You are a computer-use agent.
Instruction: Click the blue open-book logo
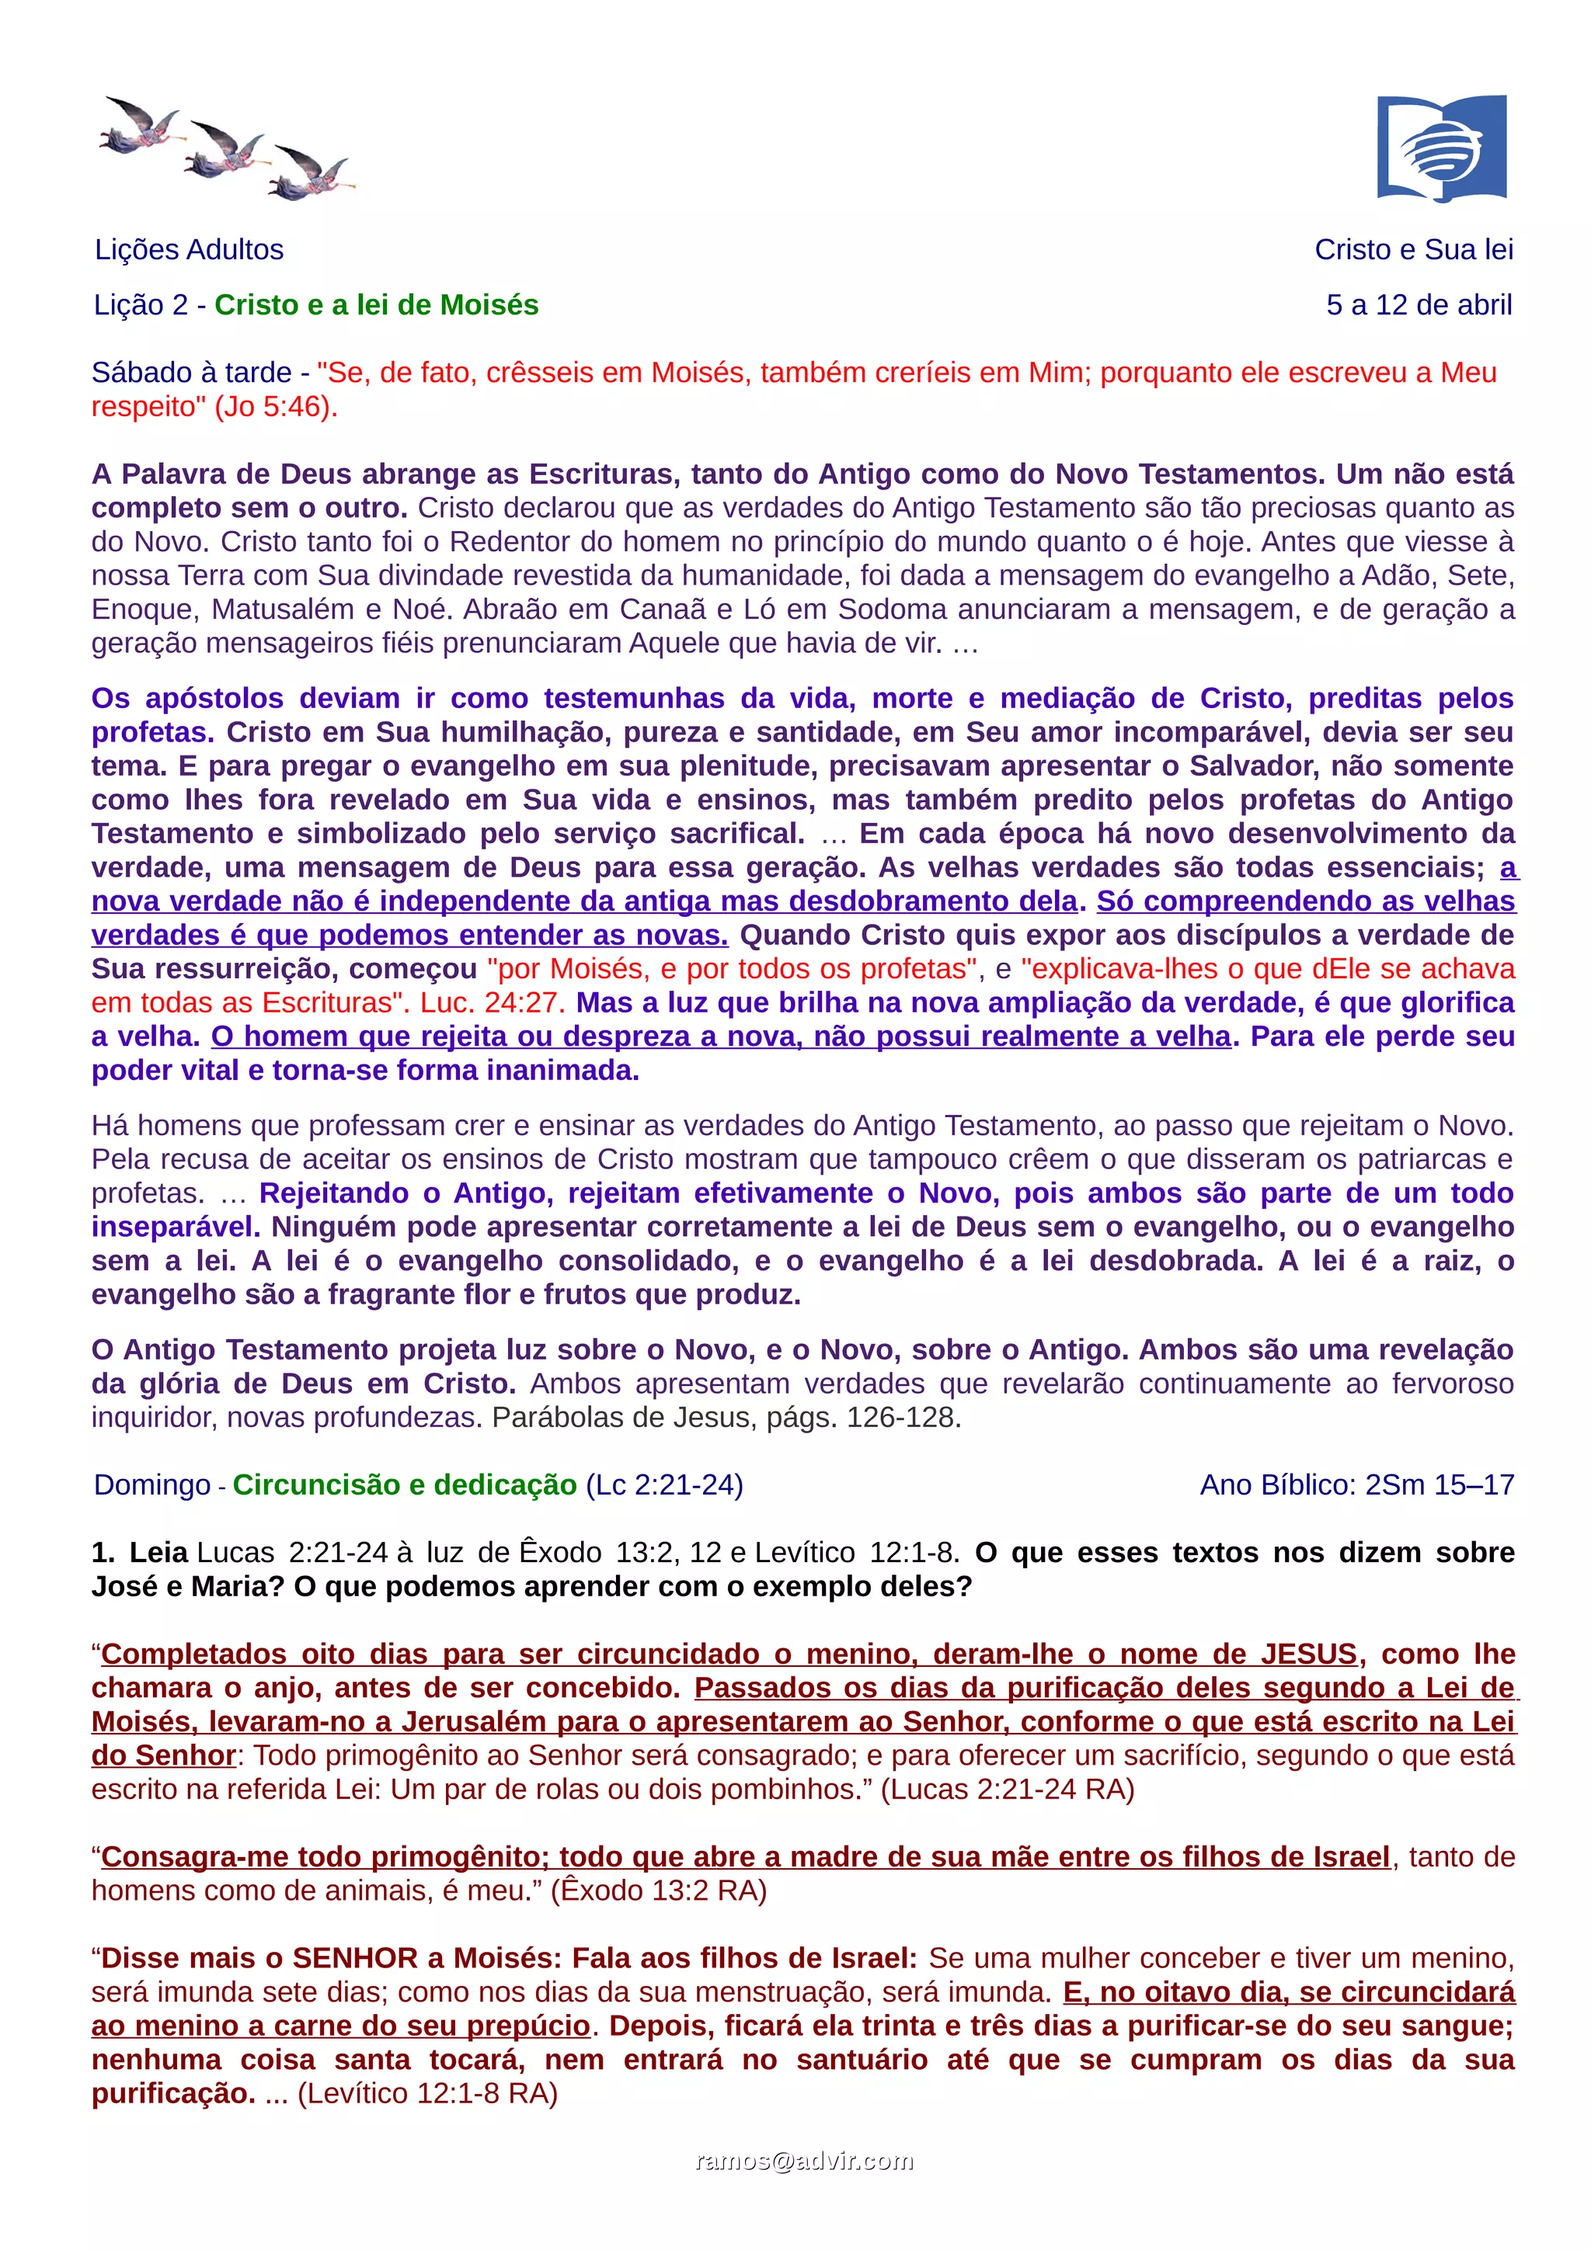[1441, 148]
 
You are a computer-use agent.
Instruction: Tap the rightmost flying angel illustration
[312, 172]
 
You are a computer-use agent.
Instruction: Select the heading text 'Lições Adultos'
[190, 250]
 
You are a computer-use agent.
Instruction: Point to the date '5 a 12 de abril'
[1419, 305]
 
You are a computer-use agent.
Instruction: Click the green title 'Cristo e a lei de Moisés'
[377, 305]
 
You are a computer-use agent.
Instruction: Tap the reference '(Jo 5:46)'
[276, 407]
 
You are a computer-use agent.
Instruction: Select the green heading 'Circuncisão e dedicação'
[404, 1484]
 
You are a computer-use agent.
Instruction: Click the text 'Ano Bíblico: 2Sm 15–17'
[1356, 1484]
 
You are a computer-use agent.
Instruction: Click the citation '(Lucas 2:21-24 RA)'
[1007, 1789]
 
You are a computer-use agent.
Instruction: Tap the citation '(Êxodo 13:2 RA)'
[659, 1891]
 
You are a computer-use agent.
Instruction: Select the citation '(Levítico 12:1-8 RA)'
[427, 2093]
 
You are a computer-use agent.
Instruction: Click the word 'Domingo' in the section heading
[152, 1484]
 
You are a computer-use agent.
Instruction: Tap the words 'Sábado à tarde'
[191, 373]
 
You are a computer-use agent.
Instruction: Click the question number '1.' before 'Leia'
[103, 1552]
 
